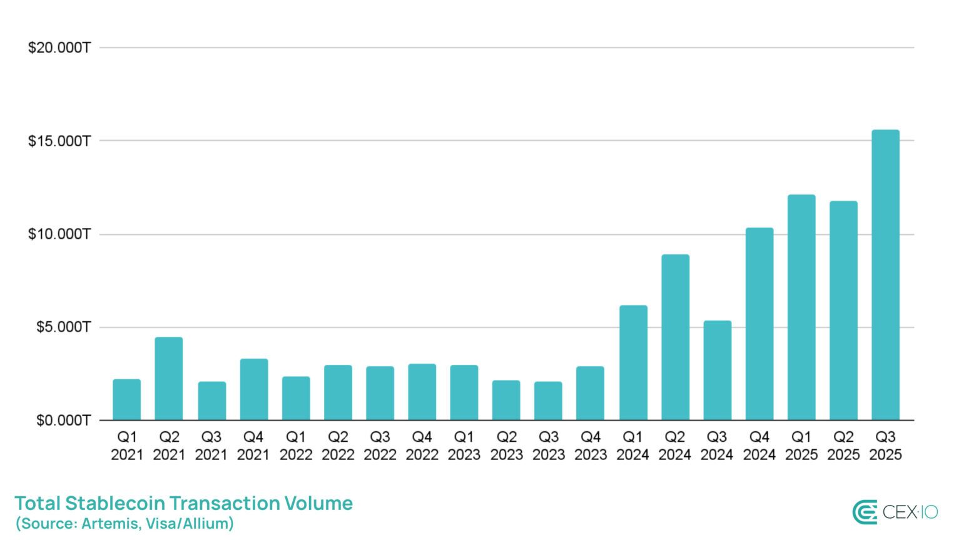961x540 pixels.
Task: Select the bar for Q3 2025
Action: pyautogui.click(x=885, y=275)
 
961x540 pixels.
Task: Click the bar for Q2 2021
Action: pyautogui.click(x=169, y=379)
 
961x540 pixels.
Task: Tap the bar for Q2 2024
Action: pyautogui.click(x=675, y=337)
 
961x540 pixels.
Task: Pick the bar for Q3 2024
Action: pyautogui.click(x=717, y=370)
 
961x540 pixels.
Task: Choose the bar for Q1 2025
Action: pyautogui.click(x=801, y=307)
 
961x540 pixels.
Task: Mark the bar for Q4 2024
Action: pyautogui.click(x=760, y=324)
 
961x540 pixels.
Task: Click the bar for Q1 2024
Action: pyautogui.click(x=633, y=362)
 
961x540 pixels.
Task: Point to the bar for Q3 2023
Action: pyautogui.click(x=548, y=401)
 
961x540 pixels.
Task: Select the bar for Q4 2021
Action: pyautogui.click(x=254, y=389)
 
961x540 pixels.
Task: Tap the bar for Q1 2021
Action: pyautogui.click(x=127, y=399)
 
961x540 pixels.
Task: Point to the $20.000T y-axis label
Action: pyautogui.click(x=59, y=47)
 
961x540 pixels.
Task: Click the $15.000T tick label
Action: pyautogui.click(x=59, y=141)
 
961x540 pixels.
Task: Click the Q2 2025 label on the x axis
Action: pyautogui.click(x=843, y=446)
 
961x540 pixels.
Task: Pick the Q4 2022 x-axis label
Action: pyautogui.click(x=422, y=446)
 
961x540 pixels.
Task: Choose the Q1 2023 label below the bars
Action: pyautogui.click(x=464, y=446)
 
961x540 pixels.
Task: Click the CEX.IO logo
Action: pyautogui.click(x=895, y=512)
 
